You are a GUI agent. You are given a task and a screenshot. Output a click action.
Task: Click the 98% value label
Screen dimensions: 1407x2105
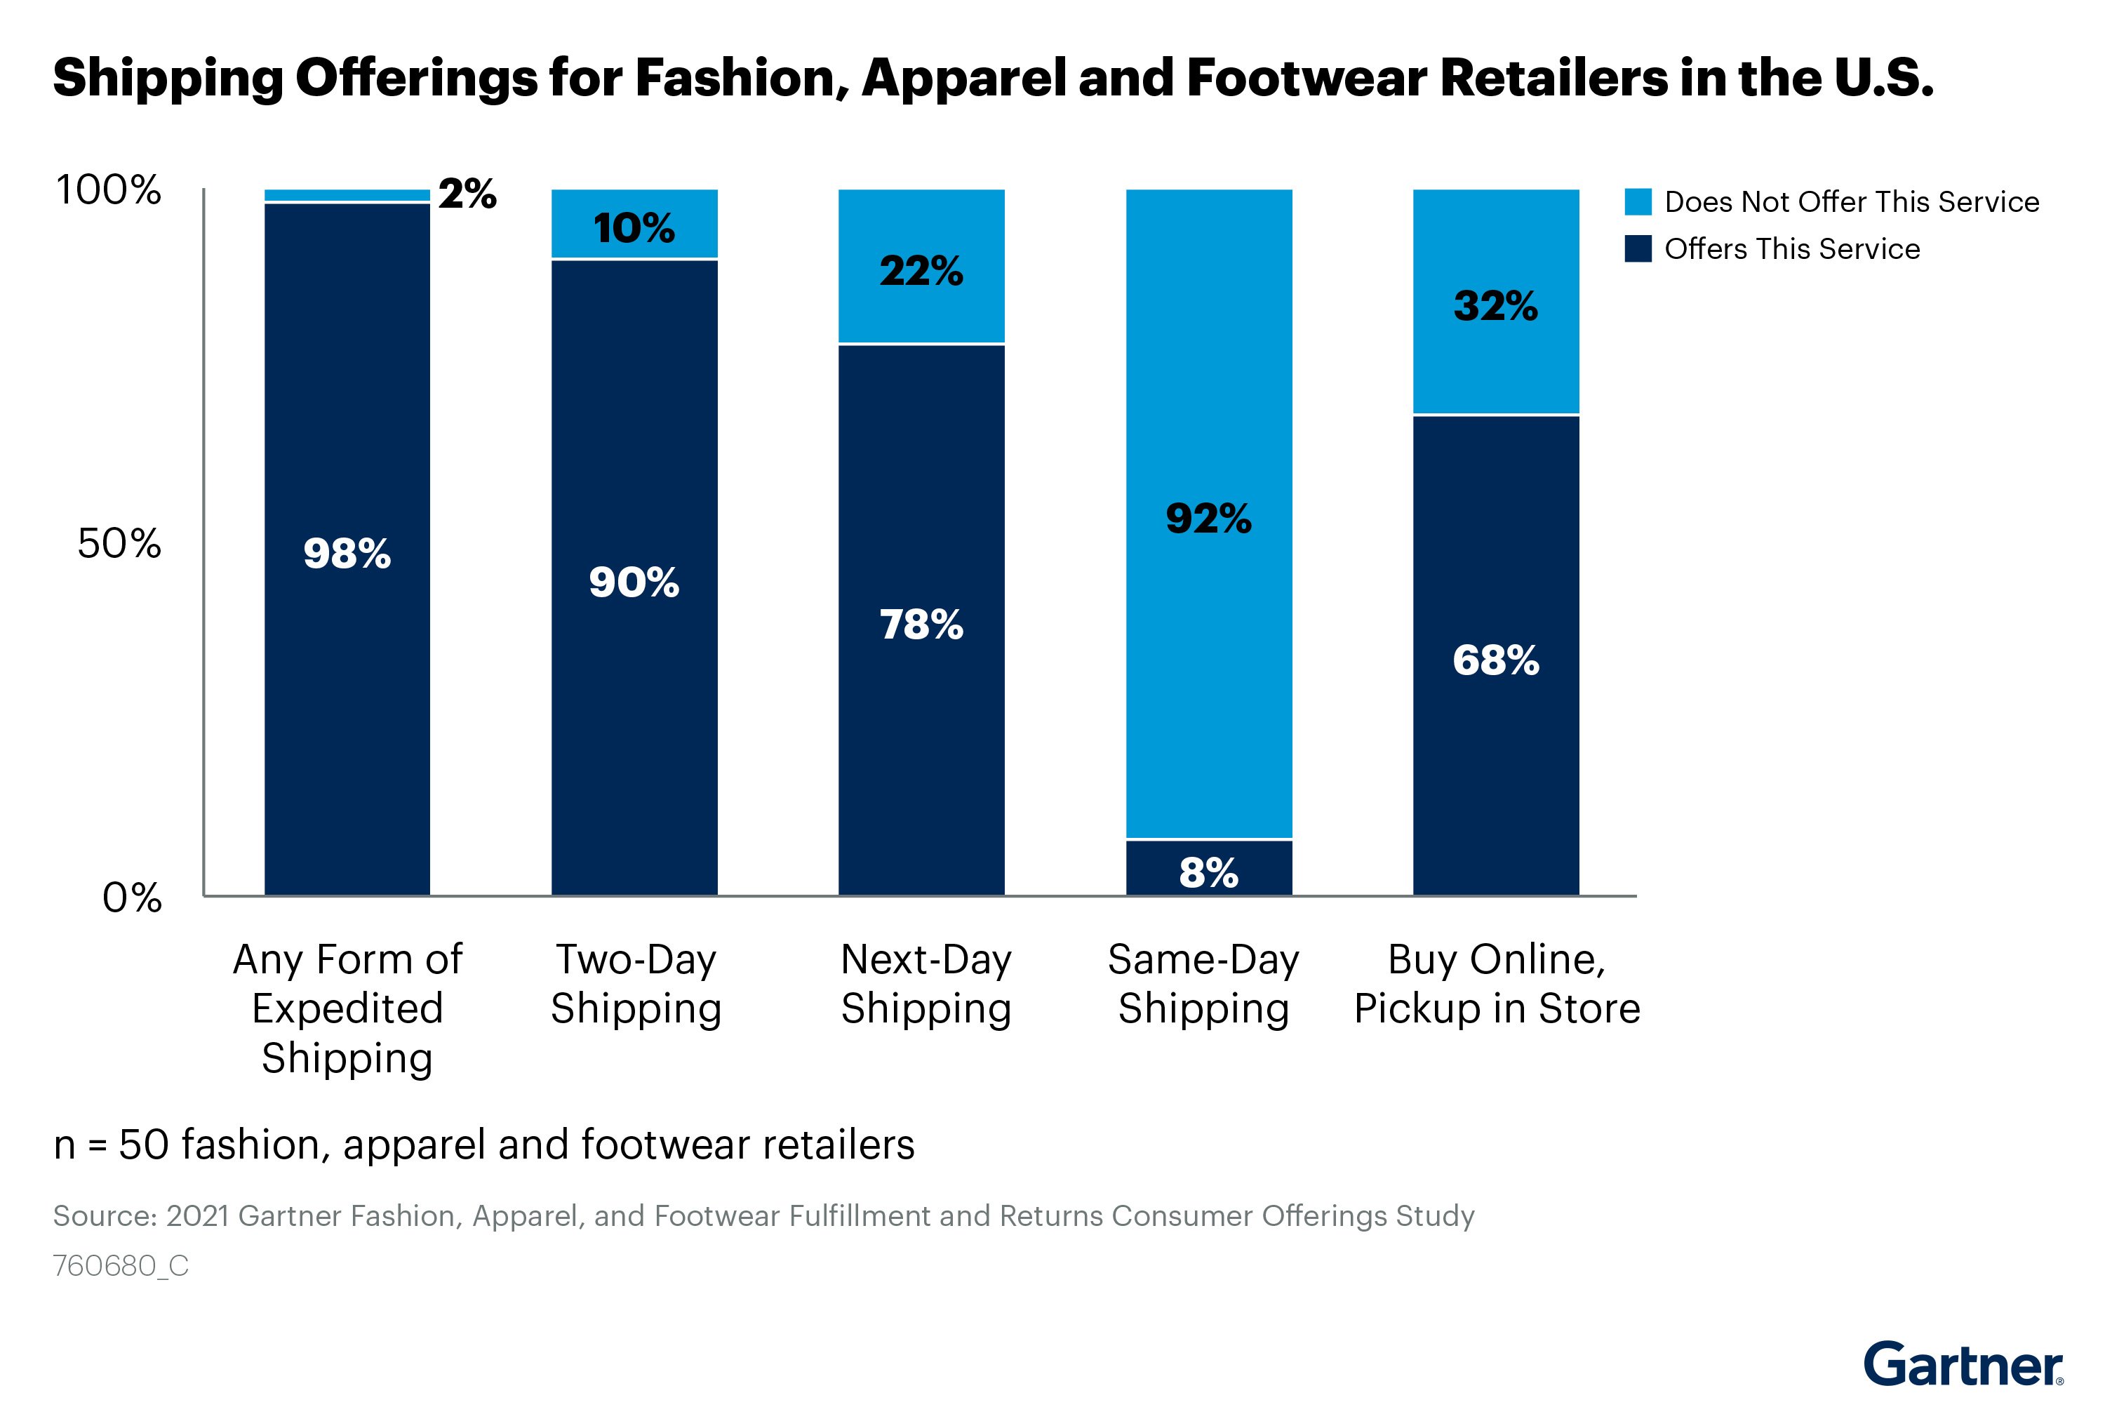coord(347,553)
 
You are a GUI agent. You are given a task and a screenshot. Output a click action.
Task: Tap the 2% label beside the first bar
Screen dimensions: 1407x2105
coord(467,194)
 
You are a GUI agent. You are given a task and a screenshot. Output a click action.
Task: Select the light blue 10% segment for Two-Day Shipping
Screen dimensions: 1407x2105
coord(634,225)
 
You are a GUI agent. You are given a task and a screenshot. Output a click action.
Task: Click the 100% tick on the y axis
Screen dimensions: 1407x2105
coord(109,189)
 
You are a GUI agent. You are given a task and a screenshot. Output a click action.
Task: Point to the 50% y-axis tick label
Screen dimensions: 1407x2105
coord(119,543)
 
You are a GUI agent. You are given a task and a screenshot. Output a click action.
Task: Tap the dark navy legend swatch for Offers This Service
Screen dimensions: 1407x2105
coord(1638,248)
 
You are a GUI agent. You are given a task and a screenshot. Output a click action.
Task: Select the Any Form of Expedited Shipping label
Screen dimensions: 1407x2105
coord(347,1008)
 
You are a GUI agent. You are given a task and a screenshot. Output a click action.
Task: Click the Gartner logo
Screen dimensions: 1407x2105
coord(1963,1365)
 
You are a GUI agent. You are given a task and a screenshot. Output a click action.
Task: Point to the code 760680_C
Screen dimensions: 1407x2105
coord(120,1265)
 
